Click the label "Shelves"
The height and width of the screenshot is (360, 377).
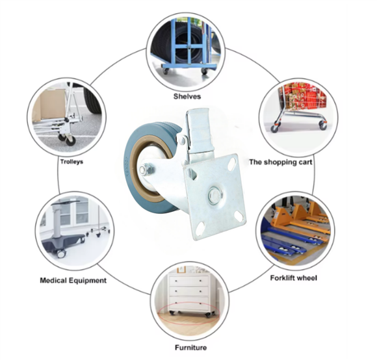click(x=187, y=97)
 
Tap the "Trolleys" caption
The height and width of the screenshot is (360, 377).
click(x=71, y=162)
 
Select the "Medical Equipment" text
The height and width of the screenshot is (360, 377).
click(x=73, y=280)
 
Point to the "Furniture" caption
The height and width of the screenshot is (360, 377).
click(x=190, y=348)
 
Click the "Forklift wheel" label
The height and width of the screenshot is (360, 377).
click(x=294, y=278)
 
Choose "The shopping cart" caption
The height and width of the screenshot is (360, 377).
click(x=281, y=162)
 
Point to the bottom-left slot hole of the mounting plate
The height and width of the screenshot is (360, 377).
click(x=200, y=228)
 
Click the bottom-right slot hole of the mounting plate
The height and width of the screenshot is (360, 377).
click(x=239, y=216)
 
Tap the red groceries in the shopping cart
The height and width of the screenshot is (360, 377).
click(x=304, y=96)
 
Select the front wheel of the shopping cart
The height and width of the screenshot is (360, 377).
click(x=274, y=129)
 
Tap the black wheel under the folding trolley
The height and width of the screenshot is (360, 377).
click(x=71, y=141)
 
